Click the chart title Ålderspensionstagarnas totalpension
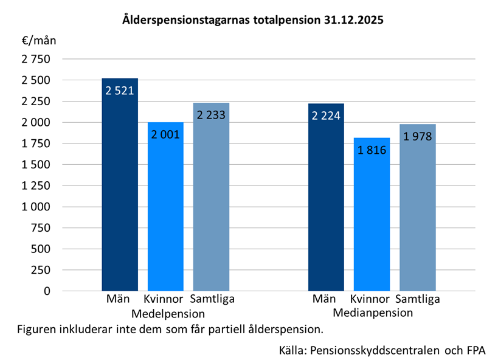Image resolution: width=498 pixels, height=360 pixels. tap(252, 20)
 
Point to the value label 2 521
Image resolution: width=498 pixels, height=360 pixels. tap(120, 91)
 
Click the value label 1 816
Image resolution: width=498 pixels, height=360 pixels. tap(372, 150)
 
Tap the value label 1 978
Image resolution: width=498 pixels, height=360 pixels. tap(417, 136)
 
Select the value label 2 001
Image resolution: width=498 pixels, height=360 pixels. tap(165, 134)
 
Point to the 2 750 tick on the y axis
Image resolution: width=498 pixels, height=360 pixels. tap(36, 59)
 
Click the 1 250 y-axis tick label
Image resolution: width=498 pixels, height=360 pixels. tap(36, 185)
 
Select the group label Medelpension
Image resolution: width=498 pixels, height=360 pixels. tap(168, 314)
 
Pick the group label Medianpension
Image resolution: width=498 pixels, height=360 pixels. tap(373, 314)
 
